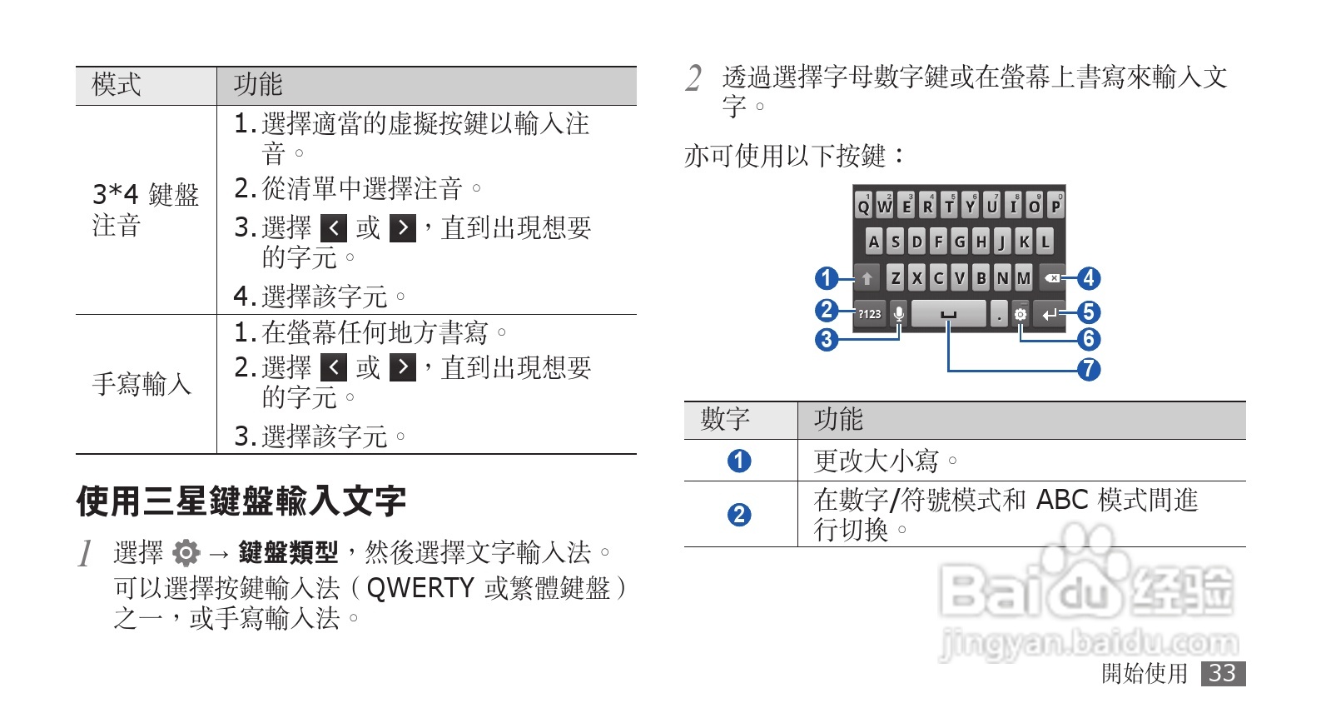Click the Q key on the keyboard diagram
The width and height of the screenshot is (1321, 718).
pyautogui.click(x=863, y=206)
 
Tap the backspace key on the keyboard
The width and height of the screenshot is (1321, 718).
pyautogui.click(x=1052, y=278)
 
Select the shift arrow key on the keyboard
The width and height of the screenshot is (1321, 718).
pyautogui.click(x=867, y=278)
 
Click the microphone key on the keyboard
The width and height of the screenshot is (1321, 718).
pyautogui.click(x=899, y=314)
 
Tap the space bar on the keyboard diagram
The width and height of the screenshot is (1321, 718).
pyautogui.click(x=948, y=314)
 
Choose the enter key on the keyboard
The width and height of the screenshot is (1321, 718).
pyautogui.click(x=1050, y=314)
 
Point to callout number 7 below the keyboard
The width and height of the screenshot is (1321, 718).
pyautogui.click(x=1089, y=369)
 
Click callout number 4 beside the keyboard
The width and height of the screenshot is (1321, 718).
pyautogui.click(x=1089, y=278)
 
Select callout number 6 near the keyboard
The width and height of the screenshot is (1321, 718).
pyautogui.click(x=1089, y=339)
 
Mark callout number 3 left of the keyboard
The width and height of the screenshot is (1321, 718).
pyautogui.click(x=826, y=339)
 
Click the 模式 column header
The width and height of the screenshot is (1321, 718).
pyautogui.click(x=117, y=85)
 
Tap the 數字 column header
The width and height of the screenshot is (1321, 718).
pyautogui.click(x=725, y=420)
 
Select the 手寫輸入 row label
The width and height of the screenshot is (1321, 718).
pyautogui.click(x=142, y=384)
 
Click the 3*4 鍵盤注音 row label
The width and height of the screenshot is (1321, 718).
pyautogui.click(x=145, y=210)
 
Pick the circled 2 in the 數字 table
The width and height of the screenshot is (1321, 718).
pyautogui.click(x=738, y=515)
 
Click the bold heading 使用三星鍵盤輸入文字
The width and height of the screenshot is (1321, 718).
pyautogui.click(x=241, y=501)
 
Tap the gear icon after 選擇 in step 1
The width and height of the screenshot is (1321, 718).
pyautogui.click(x=186, y=552)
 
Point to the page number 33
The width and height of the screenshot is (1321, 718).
pyautogui.click(x=1222, y=673)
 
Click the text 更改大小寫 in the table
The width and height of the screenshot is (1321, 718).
pyautogui.click(x=877, y=461)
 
